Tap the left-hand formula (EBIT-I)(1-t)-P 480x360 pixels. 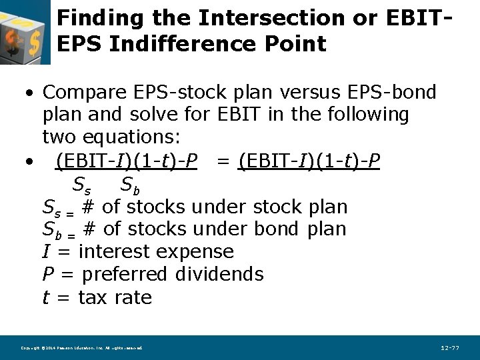click(x=126, y=161)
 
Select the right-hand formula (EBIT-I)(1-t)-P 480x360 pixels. click(x=309, y=161)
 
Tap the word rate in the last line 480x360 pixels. click(x=133, y=297)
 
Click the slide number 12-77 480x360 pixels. click(x=450, y=348)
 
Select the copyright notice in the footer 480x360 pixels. click(x=81, y=348)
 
